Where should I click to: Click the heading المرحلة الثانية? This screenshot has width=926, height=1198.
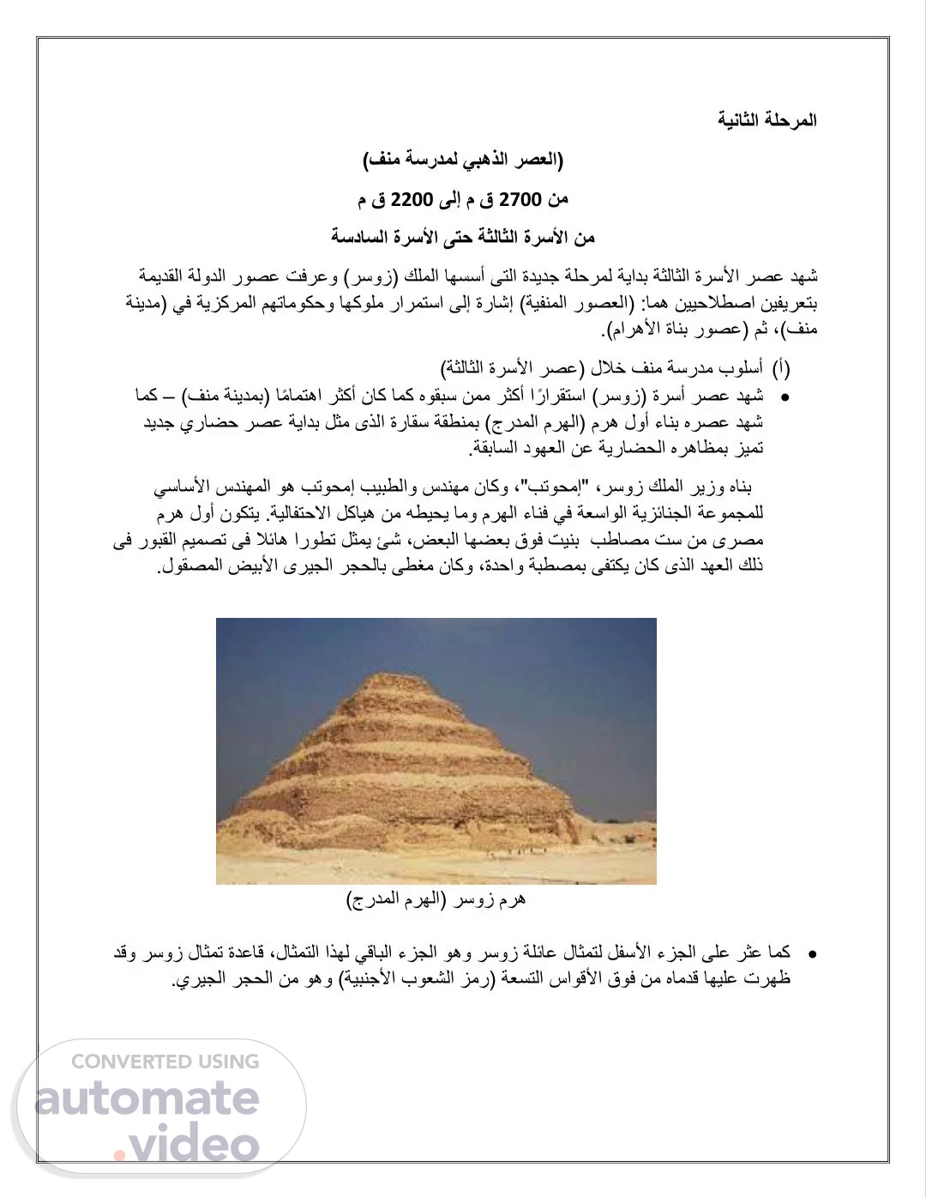767,120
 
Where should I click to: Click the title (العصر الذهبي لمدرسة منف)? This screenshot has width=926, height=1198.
463,160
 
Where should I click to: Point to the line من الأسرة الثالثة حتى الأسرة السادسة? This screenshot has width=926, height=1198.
463,237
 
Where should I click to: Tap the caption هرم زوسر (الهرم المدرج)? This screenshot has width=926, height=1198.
436,899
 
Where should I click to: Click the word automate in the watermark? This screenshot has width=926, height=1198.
147,1098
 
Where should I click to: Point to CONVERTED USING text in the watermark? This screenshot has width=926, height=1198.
165,1062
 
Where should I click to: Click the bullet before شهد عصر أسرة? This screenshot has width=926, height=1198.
783,398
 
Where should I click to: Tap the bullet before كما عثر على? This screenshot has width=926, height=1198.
810,953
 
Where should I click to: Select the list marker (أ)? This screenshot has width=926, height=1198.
781,369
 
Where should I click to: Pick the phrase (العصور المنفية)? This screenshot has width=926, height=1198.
568,304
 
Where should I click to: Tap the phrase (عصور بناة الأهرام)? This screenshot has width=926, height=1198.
675,330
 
